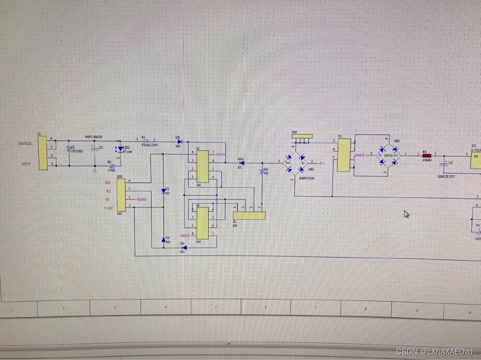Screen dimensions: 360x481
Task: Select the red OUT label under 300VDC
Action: (26, 164)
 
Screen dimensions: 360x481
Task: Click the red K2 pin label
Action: (108, 183)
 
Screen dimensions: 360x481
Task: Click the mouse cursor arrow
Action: (407, 214)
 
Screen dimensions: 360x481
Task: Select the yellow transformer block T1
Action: (343, 156)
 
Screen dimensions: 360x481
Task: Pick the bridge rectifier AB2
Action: (389, 155)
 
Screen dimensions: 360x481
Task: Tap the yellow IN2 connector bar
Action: (302, 137)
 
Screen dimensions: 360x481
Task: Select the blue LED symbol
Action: (121, 149)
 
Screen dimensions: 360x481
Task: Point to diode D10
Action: (242, 163)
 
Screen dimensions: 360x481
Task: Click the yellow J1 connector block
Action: (42, 152)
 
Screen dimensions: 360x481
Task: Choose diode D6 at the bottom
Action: (184, 247)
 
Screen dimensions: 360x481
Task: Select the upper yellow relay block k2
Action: (202, 167)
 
